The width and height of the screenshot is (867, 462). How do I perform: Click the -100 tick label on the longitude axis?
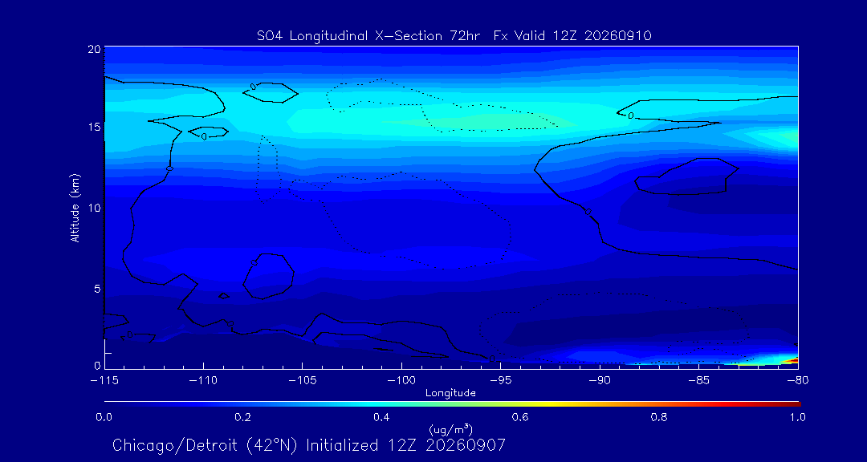pos(401,381)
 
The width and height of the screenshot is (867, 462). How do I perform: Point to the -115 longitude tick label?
pos(104,381)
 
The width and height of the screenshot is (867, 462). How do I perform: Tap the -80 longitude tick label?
pos(797,381)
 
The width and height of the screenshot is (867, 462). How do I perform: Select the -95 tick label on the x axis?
pos(500,381)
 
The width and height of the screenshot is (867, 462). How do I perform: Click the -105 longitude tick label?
pos(303,381)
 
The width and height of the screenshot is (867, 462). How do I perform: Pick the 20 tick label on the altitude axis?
pos(94,49)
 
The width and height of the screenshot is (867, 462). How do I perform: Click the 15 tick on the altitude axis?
pos(94,127)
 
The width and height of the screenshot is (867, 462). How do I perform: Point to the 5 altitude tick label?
pos(97,289)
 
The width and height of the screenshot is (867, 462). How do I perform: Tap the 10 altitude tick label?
pos(94,208)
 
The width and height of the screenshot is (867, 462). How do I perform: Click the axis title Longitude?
pos(450,394)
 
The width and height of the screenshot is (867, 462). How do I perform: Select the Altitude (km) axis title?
pos(75,208)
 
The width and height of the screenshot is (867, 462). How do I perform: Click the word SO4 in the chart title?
pos(268,36)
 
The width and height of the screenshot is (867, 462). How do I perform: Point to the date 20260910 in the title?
pos(617,36)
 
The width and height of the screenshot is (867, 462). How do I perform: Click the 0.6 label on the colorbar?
pos(519,418)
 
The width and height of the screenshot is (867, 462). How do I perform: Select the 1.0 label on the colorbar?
pos(797,418)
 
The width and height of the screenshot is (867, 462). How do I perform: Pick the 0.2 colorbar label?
pos(242,418)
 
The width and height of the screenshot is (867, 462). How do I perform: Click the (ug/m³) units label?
pos(450,429)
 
